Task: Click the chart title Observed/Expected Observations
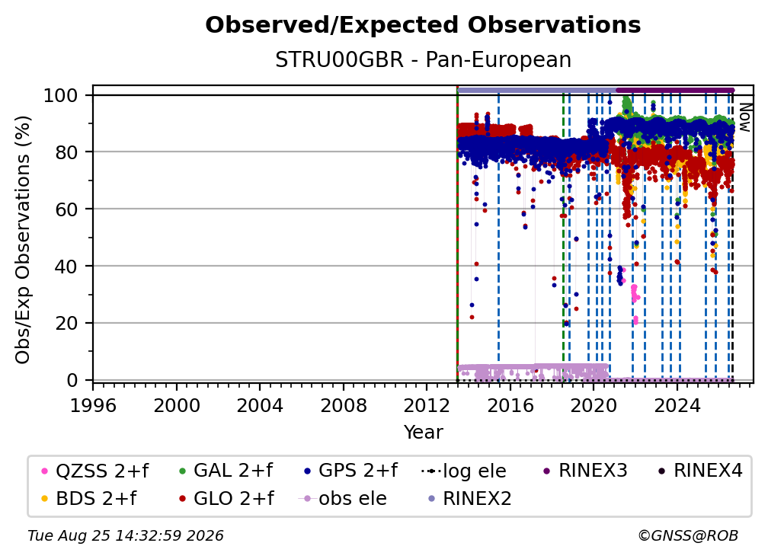coord(423,25)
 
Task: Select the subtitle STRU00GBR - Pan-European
coord(423,59)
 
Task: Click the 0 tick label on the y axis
coord(72,380)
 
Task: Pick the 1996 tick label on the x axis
coord(93,405)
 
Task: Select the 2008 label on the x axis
coord(344,405)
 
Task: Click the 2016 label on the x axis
coord(510,405)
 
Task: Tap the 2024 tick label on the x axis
coord(677,405)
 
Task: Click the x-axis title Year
coord(423,432)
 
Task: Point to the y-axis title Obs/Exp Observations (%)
coord(23,240)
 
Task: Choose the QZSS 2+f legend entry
coord(95,471)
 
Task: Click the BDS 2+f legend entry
coord(88,498)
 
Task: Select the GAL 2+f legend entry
coord(226,471)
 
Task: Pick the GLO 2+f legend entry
coord(226,498)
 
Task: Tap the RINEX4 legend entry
coord(700,471)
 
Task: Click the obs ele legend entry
coord(342,498)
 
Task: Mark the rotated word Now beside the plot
coord(744,117)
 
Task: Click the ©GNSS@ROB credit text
coord(688,535)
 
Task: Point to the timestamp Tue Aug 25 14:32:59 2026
coord(126,535)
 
